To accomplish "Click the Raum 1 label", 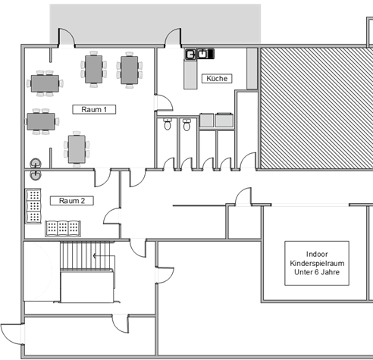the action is click(x=94, y=109).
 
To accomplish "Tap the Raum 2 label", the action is click(x=72, y=201).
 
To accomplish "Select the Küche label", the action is click(x=217, y=78).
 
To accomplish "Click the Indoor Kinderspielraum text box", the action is click(x=317, y=263).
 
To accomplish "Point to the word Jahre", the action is click(x=331, y=272).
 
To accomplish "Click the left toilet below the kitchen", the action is click(x=168, y=124).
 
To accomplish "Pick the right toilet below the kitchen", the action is click(x=186, y=125).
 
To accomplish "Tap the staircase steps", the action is click(x=86, y=255).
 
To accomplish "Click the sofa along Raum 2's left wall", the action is click(x=33, y=206).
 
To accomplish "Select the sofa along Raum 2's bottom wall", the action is click(x=63, y=229).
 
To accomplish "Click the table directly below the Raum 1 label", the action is click(x=77, y=149).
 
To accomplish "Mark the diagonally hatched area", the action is click(x=316, y=108).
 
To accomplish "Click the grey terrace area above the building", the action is click(x=155, y=23).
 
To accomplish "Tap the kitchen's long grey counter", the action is click(x=190, y=74).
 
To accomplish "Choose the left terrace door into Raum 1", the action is click(x=67, y=38).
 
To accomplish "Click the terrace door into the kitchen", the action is click(x=173, y=38).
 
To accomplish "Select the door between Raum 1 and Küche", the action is click(x=164, y=102).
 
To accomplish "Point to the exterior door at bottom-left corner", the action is click(x=13, y=333).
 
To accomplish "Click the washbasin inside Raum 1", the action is click(x=36, y=163).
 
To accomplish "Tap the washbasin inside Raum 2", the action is click(x=36, y=175).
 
